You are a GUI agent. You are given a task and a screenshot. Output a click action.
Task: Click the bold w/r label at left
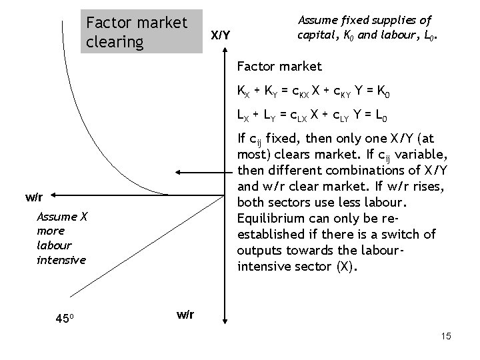click(x=35, y=197)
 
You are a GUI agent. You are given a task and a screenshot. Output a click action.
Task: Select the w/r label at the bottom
click(x=185, y=314)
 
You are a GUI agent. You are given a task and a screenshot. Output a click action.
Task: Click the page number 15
click(x=446, y=336)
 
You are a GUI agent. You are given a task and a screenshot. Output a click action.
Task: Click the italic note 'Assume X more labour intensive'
click(x=61, y=238)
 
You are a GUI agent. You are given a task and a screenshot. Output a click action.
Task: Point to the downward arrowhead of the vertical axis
click(x=225, y=322)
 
